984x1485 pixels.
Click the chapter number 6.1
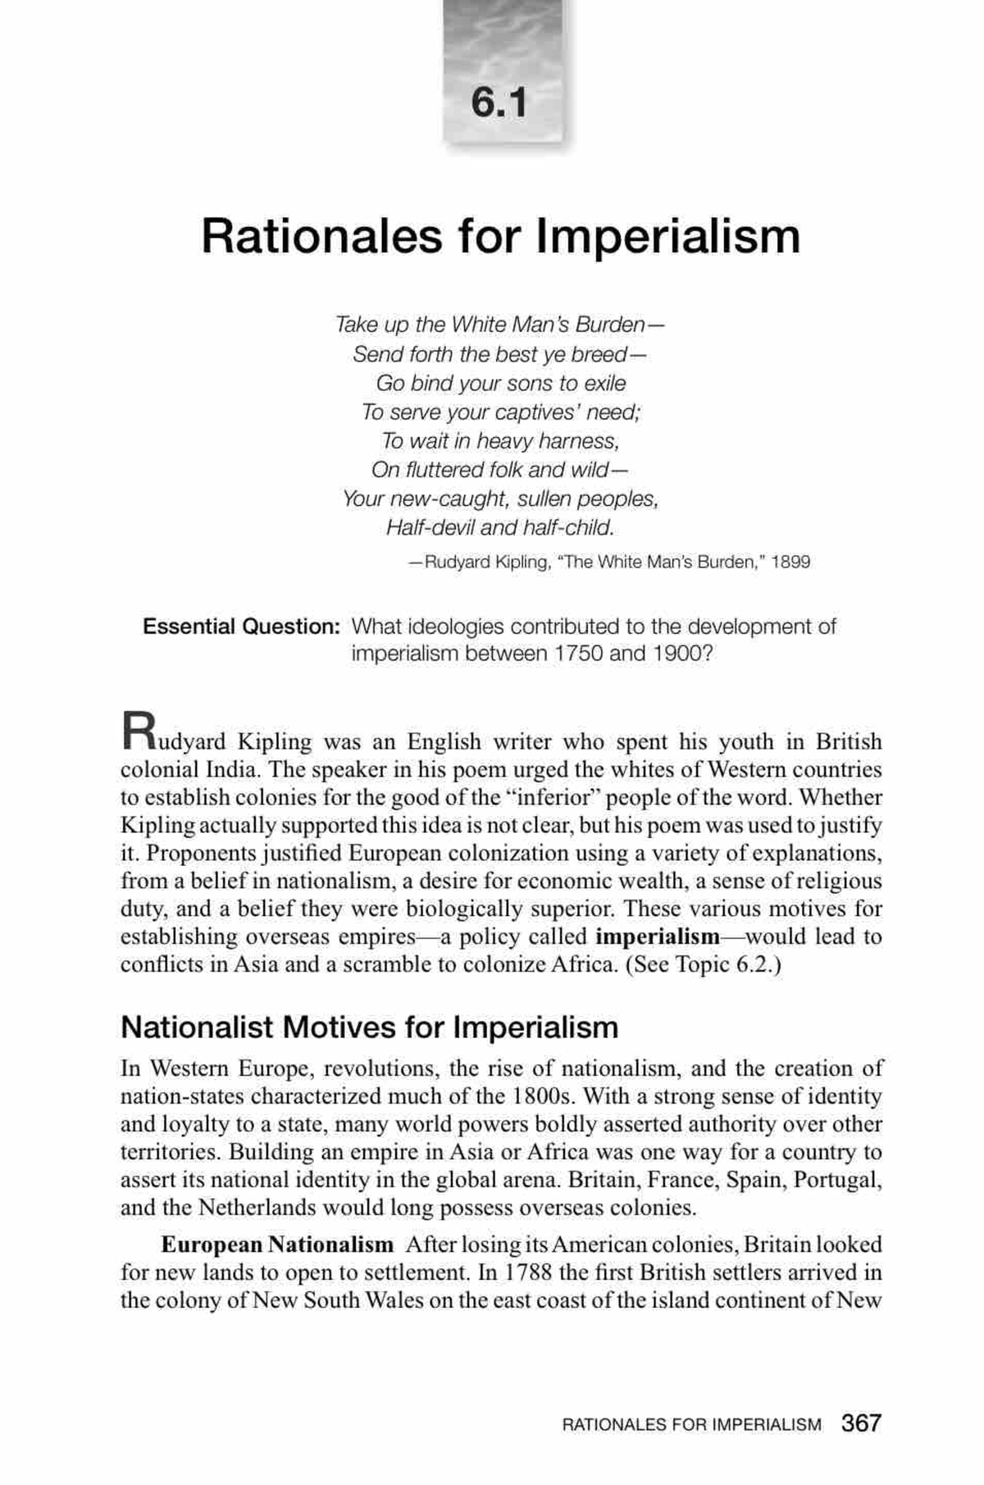499,102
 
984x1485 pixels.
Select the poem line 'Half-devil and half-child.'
500,527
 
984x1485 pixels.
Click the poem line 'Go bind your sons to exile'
500,383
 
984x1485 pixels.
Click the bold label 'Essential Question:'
241,626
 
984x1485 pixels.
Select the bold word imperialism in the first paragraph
657,936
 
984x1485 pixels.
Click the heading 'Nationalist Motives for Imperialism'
369,1027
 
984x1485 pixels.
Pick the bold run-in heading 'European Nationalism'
277,1245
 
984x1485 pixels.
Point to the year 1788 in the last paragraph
525,1273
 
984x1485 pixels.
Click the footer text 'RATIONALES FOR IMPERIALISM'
691,1425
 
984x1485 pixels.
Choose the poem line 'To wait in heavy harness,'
500,441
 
